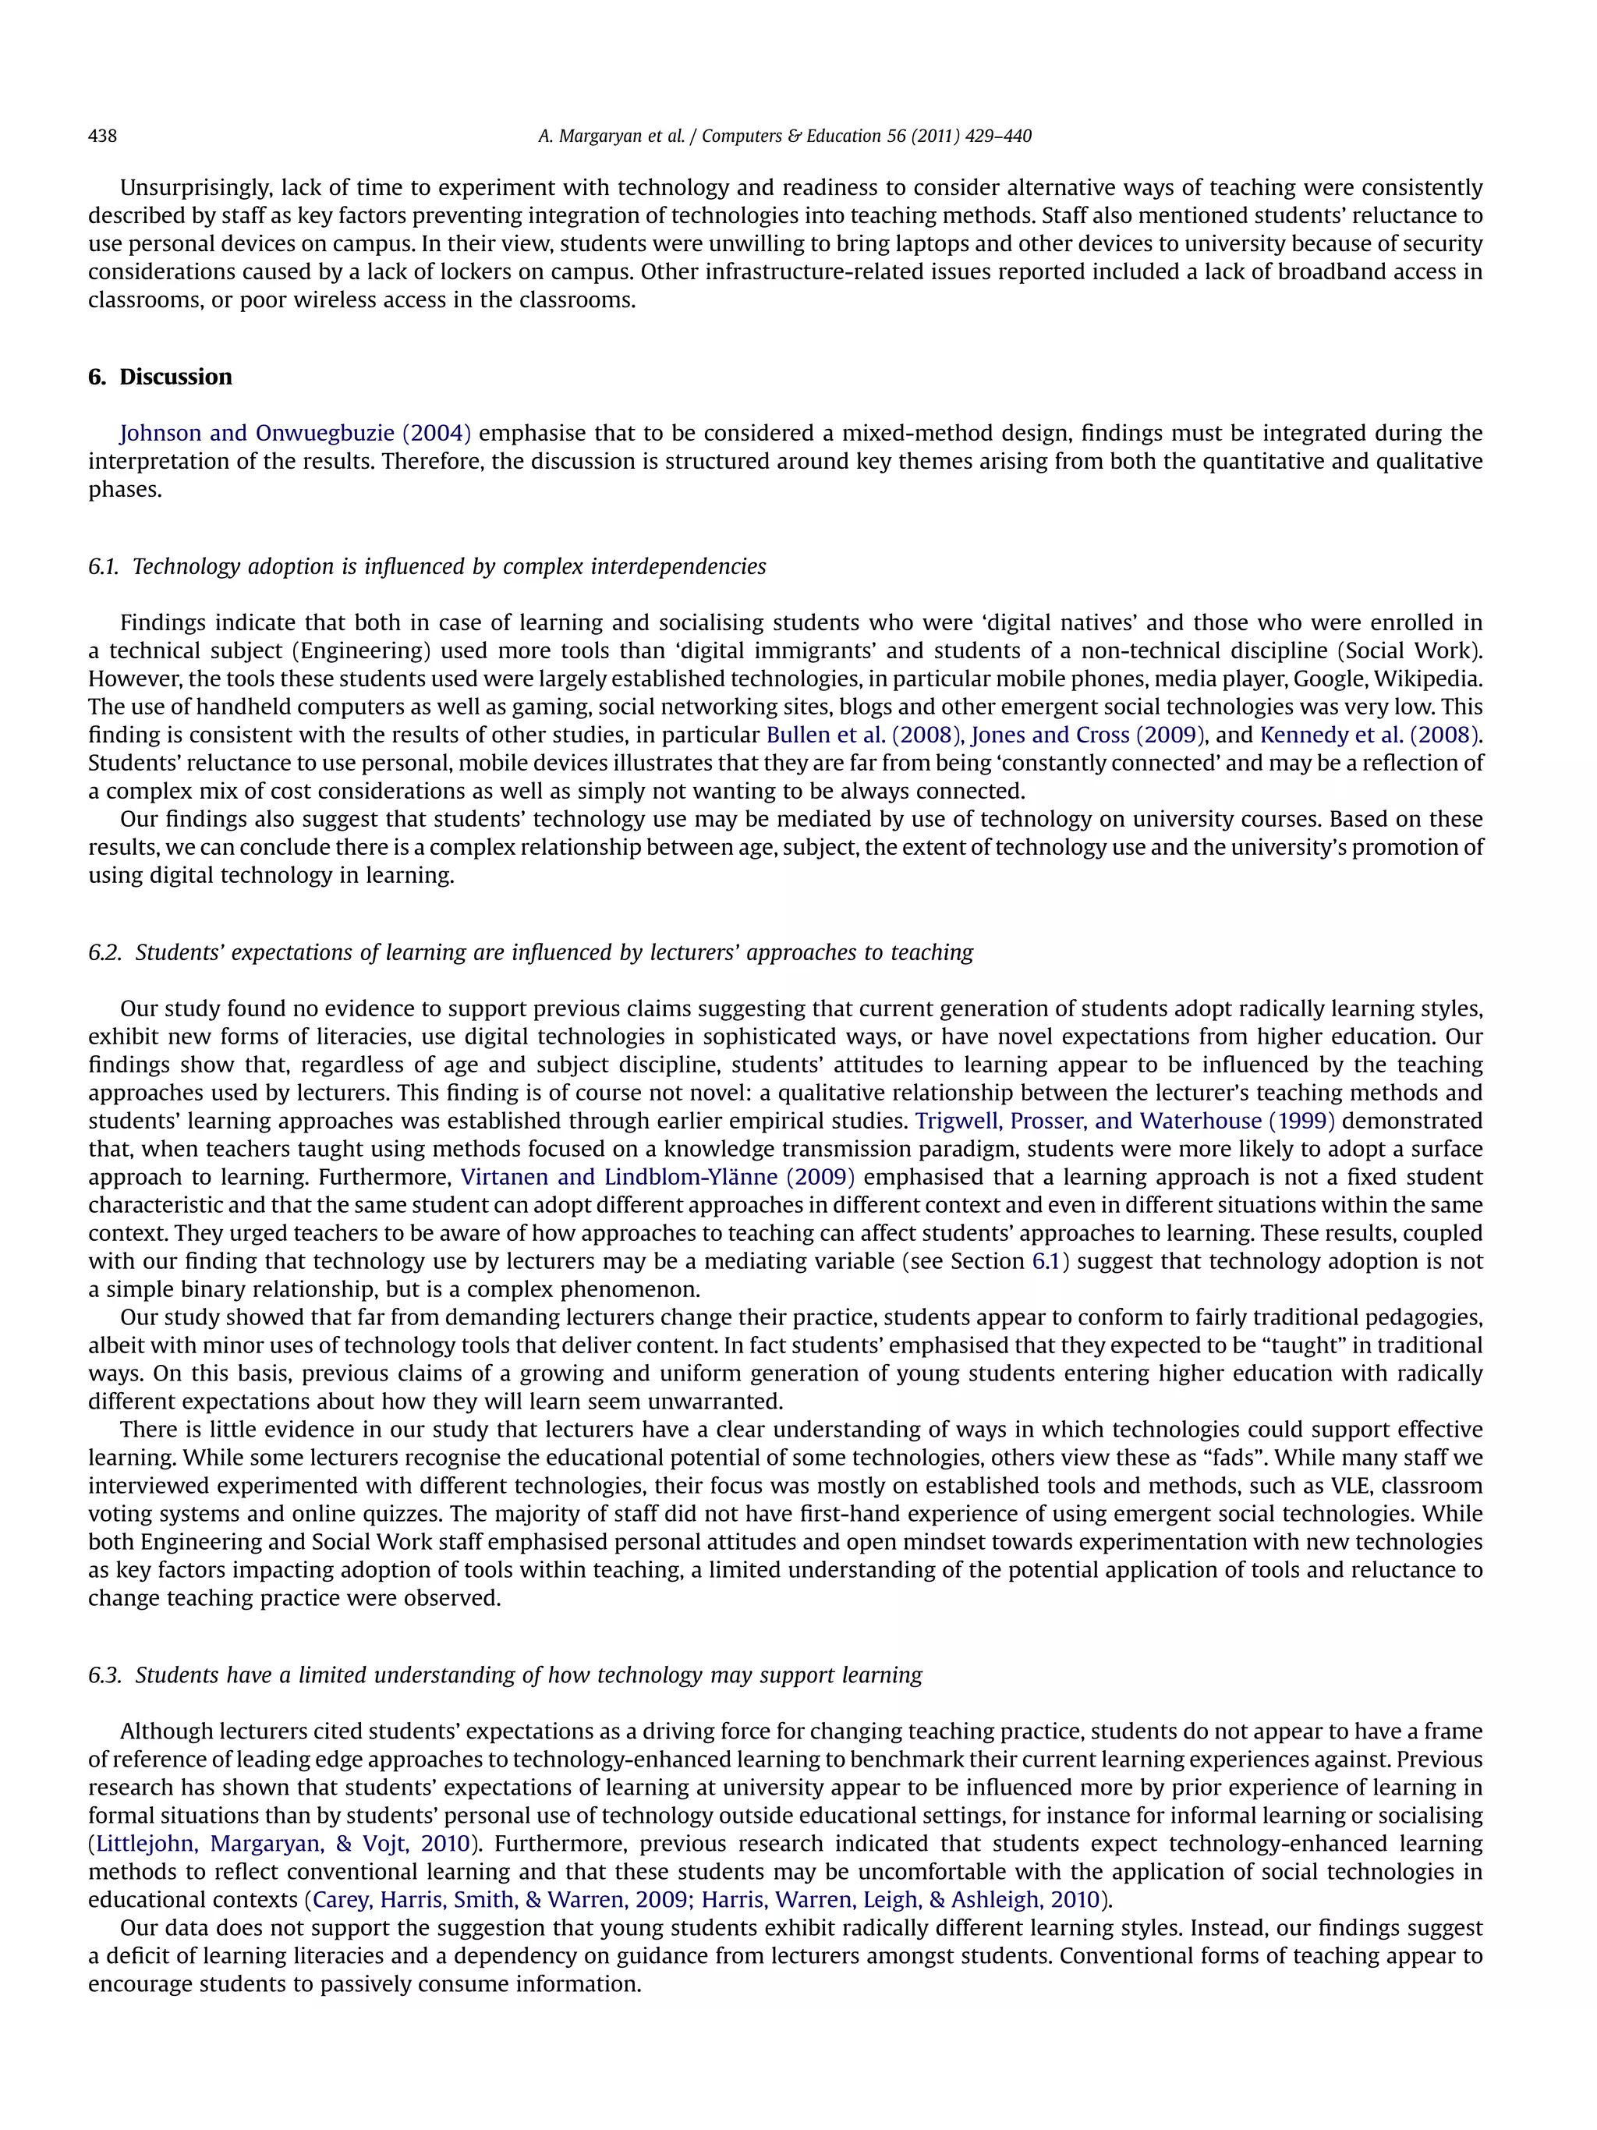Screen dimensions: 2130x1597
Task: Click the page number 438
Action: (102, 136)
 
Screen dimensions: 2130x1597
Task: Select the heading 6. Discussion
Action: (160, 377)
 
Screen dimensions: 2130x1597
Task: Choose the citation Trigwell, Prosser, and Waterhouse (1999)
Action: (1124, 1121)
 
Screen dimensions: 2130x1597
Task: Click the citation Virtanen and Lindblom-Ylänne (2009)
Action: (657, 1177)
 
